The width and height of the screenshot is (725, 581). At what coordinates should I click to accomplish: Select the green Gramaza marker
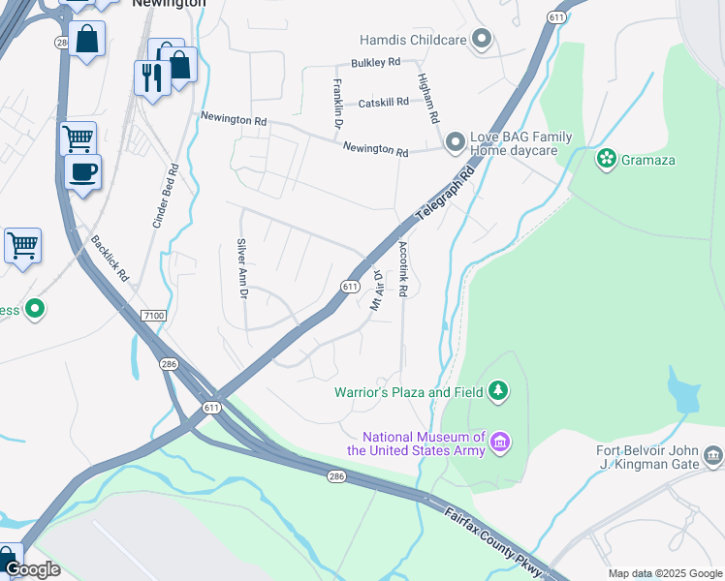[607, 159]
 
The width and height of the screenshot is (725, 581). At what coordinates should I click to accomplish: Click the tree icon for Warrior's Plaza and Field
[498, 391]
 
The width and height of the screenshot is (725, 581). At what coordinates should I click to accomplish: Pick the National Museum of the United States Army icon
[500, 443]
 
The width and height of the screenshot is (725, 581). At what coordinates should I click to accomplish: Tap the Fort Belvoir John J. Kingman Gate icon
[713, 454]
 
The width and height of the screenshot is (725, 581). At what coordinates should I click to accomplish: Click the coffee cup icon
[82, 172]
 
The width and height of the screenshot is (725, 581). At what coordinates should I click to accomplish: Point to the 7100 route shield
[153, 316]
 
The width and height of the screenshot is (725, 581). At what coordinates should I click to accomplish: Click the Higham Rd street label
[427, 97]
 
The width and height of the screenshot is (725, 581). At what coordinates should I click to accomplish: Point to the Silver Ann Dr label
[243, 268]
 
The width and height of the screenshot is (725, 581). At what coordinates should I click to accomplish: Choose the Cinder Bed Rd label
[165, 196]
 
